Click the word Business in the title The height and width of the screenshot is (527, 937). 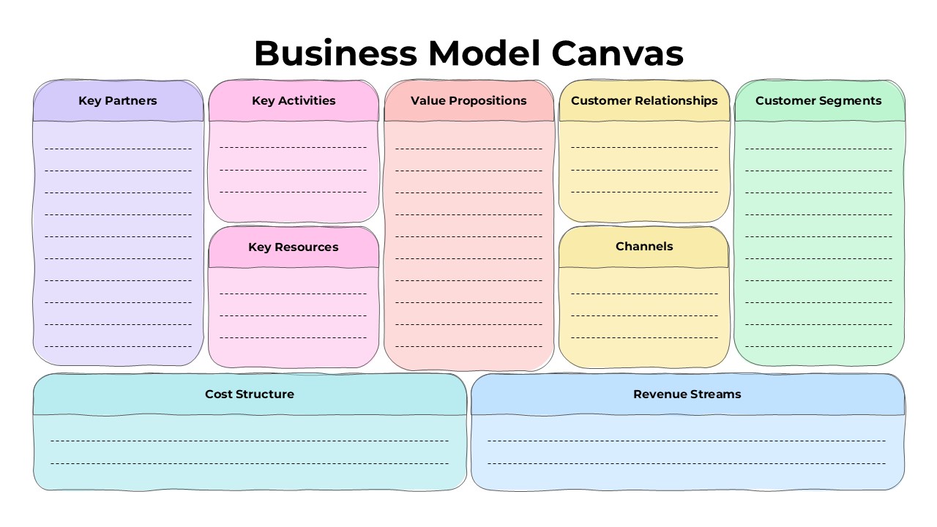pyautogui.click(x=335, y=53)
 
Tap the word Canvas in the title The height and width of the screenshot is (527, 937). pyautogui.click(x=616, y=53)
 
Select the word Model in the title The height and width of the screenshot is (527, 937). pyautogui.click(x=483, y=53)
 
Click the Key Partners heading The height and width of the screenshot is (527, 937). pyautogui.click(x=118, y=101)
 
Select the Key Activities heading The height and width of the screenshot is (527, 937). pyautogui.click(x=294, y=101)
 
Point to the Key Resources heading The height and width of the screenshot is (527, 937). pyautogui.click(x=294, y=247)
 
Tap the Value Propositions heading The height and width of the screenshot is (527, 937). pyautogui.click(x=468, y=101)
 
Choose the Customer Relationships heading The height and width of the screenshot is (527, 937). pyautogui.click(x=644, y=101)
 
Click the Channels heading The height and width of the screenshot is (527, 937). pyautogui.click(x=644, y=247)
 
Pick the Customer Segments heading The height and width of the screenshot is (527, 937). pyautogui.click(x=818, y=101)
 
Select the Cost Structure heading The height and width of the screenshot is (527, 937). pyautogui.click(x=250, y=395)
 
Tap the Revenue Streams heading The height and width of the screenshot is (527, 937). pyautogui.click(x=687, y=395)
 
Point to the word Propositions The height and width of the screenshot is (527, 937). pyautogui.click(x=488, y=101)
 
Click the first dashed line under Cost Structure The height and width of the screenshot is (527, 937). pyautogui.click(x=250, y=441)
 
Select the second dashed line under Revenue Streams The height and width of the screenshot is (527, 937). pyautogui.click(x=687, y=463)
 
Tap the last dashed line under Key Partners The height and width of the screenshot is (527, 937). pyautogui.click(x=118, y=346)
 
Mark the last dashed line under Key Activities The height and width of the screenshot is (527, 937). pyautogui.click(x=294, y=193)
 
